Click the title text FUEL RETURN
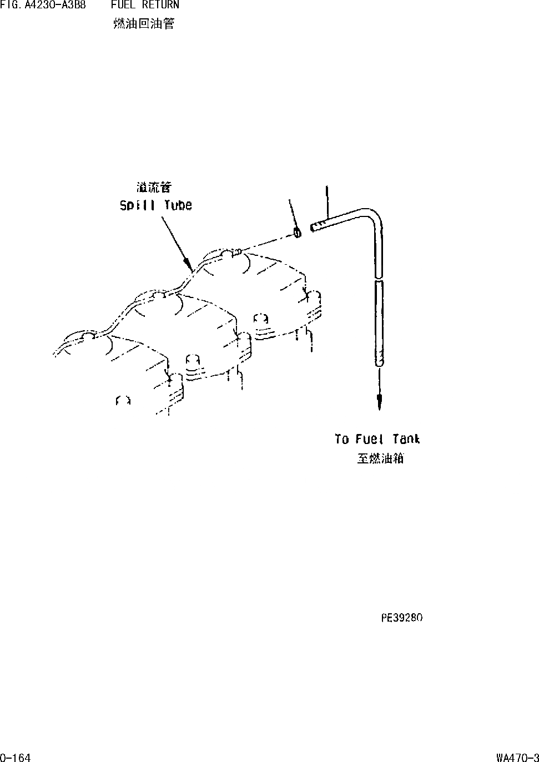point(144,6)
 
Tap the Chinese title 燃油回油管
point(143,24)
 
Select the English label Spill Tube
point(156,205)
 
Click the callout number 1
point(289,202)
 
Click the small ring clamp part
point(298,233)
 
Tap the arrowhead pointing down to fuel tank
point(379,403)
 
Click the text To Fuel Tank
point(377,439)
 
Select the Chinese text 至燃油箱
point(380,458)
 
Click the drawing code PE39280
point(402,618)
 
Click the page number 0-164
point(16,758)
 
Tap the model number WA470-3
point(517,758)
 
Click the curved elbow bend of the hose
point(373,215)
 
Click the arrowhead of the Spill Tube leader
point(190,265)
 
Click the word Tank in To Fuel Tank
point(406,439)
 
